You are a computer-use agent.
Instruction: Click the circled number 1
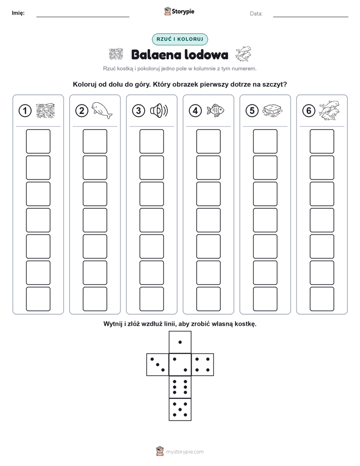(25, 111)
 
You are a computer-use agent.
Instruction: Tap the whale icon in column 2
(101, 110)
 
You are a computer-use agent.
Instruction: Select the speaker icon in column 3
(159, 111)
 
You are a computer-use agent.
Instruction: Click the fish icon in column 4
(215, 110)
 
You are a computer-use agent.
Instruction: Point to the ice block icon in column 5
(272, 110)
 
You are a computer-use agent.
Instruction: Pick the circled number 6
(309, 111)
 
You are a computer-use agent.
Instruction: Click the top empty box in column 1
(38, 141)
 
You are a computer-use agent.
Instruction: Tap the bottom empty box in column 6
(322, 299)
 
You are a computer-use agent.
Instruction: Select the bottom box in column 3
(151, 299)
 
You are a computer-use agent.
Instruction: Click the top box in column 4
(209, 141)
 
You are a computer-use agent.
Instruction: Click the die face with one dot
(180, 342)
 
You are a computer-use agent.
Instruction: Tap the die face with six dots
(180, 387)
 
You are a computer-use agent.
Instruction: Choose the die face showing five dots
(180, 410)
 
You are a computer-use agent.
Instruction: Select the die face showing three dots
(158, 365)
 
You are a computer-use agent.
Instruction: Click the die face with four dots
(203, 365)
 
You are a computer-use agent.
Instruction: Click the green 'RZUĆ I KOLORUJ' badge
(180, 39)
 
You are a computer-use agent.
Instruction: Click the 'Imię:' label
(18, 13)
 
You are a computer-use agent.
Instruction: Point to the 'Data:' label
(256, 14)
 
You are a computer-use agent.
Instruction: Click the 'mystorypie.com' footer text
(185, 452)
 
